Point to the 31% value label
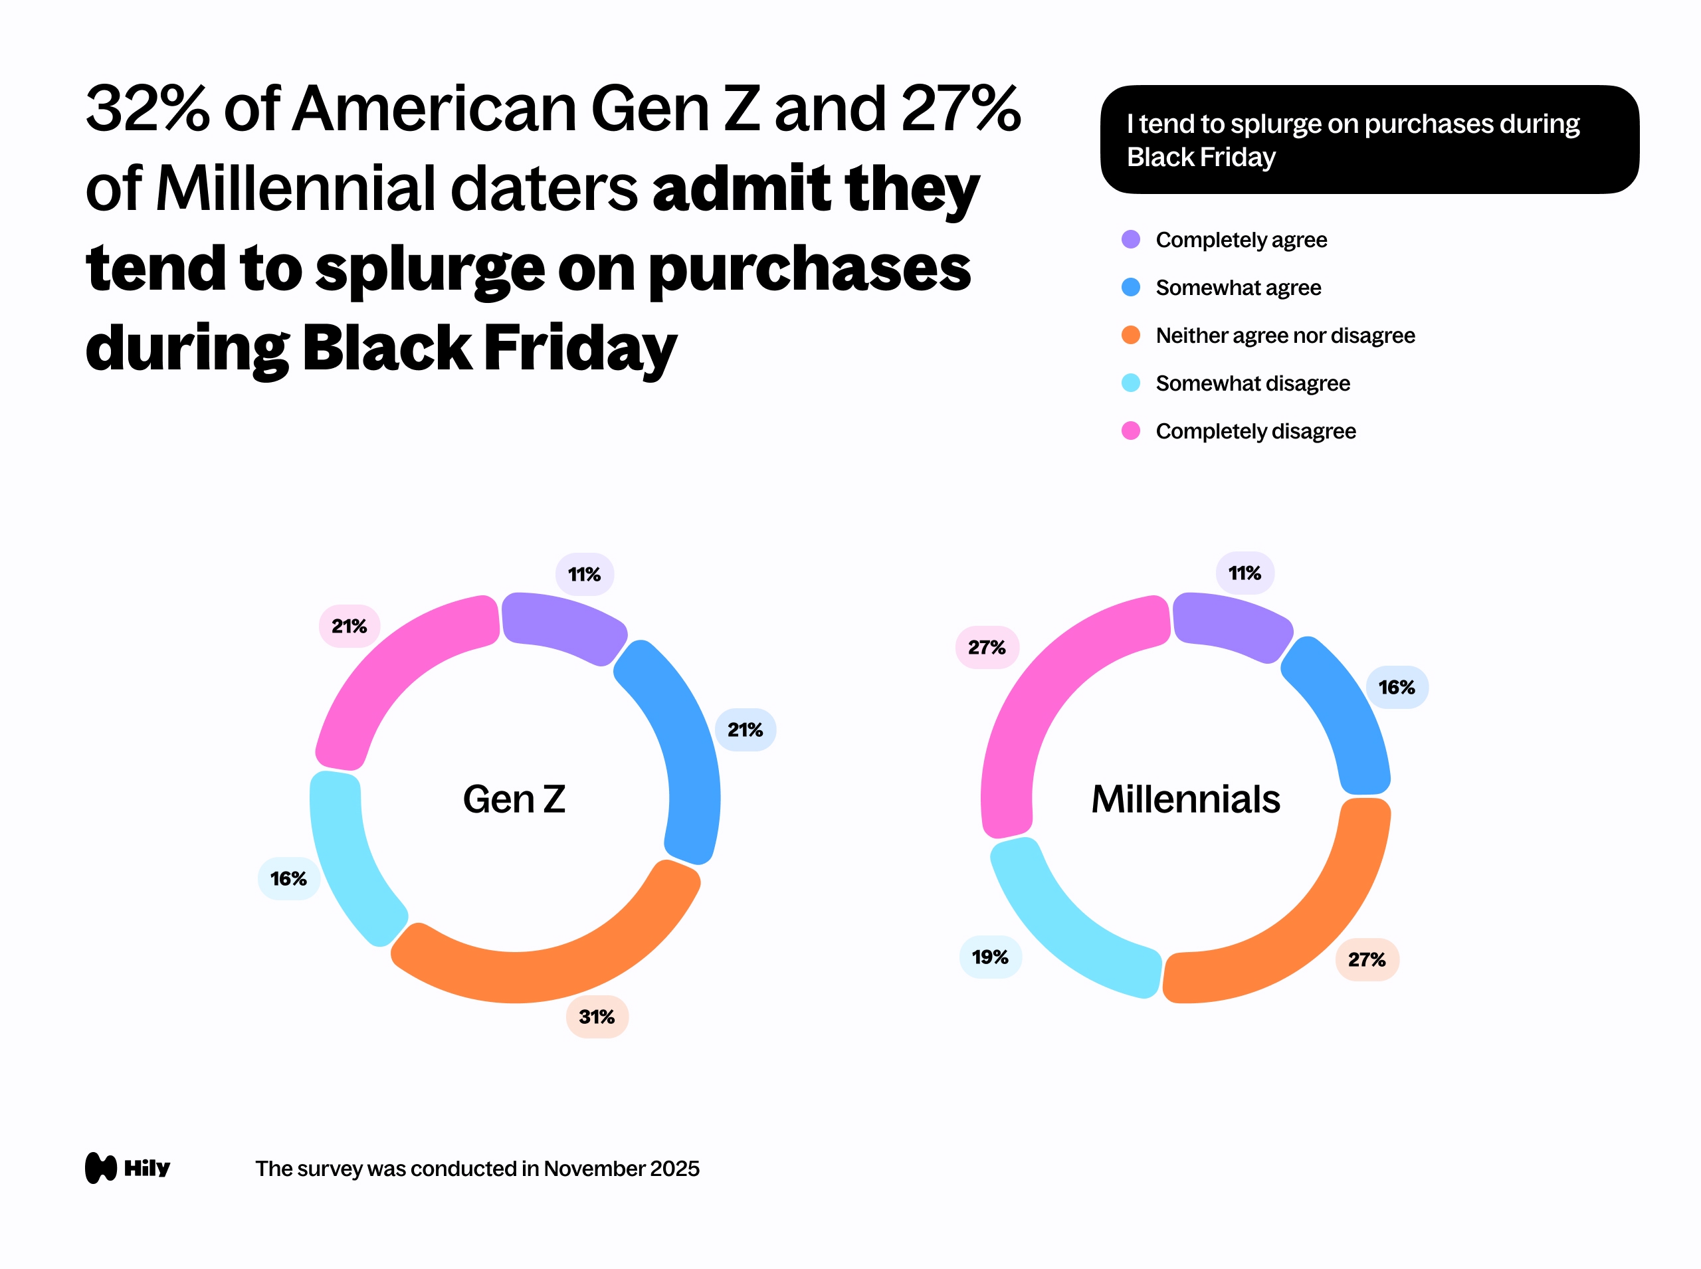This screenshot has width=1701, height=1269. [x=597, y=1017]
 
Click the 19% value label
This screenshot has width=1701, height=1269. [x=990, y=957]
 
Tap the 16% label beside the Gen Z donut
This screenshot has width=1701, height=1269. [x=289, y=879]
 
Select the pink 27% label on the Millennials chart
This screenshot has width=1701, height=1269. [x=987, y=648]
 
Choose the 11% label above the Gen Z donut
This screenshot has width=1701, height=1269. [x=585, y=575]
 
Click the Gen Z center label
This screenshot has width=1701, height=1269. [x=514, y=800]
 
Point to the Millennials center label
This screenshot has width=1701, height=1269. [x=1185, y=800]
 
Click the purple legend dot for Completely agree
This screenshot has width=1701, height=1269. [x=1131, y=240]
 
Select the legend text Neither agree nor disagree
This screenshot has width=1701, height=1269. [x=1284, y=336]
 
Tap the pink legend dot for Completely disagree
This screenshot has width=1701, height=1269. [x=1131, y=431]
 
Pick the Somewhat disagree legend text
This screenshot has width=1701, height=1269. [x=1252, y=383]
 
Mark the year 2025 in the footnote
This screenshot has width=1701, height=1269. [x=674, y=1169]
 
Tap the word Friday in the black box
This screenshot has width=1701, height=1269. [x=1238, y=157]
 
